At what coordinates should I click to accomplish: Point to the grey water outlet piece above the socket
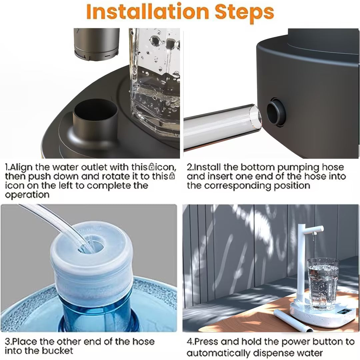[x=96, y=43]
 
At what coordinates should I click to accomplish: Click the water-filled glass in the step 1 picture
[x=155, y=80]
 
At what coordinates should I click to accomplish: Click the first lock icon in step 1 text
[x=152, y=166]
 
